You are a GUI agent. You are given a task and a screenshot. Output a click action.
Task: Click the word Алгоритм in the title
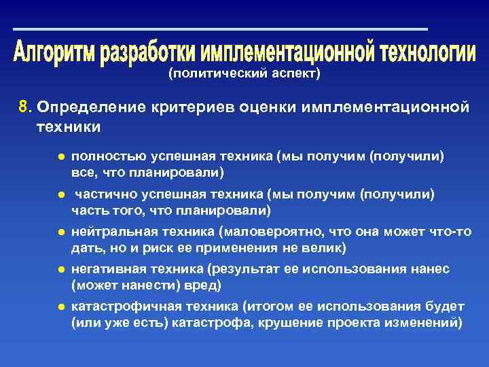(54, 52)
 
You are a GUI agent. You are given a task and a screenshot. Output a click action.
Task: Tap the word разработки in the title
(143, 52)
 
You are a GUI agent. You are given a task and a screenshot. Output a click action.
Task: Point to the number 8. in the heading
(26, 107)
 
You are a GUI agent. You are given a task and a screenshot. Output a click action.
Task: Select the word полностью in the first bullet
(103, 156)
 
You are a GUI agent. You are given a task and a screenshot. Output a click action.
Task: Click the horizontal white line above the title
(221, 29)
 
